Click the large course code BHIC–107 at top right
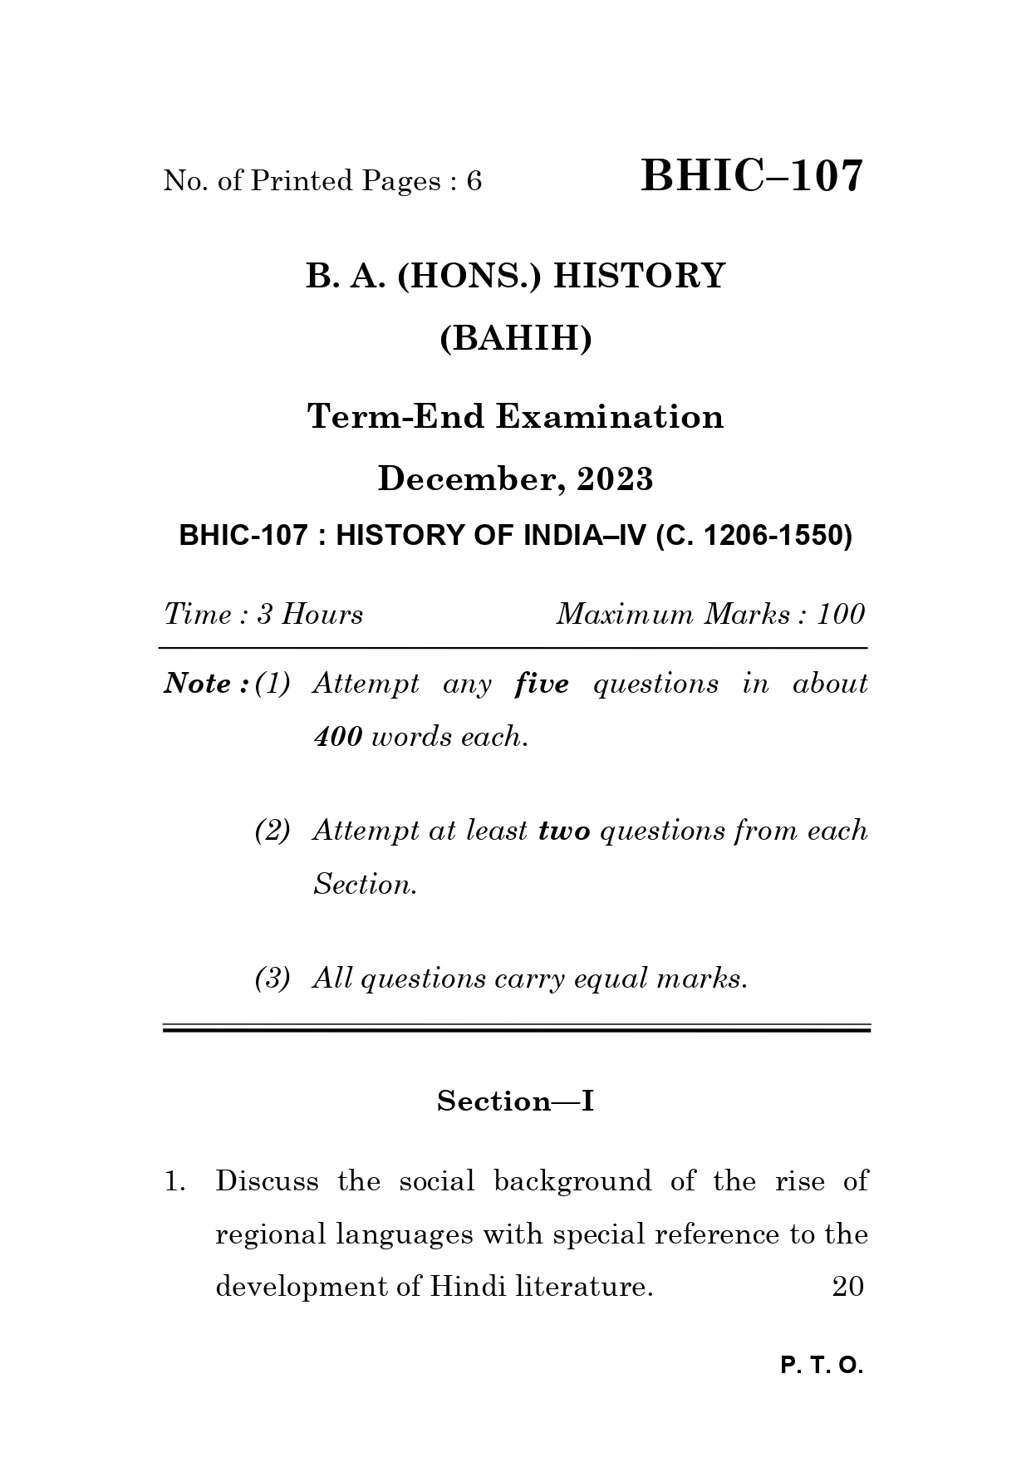752,177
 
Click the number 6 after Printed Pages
474,181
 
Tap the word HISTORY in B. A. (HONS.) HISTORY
639,276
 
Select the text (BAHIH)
515,339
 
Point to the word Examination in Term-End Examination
610,416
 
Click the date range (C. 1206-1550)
754,536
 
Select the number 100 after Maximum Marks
841,615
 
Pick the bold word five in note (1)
542,684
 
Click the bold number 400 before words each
337,737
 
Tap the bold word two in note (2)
564,831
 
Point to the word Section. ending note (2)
365,885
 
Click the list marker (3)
272,979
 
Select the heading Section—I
515,1101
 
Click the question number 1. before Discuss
174,1181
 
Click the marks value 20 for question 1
847,1287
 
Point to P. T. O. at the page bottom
822,1366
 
